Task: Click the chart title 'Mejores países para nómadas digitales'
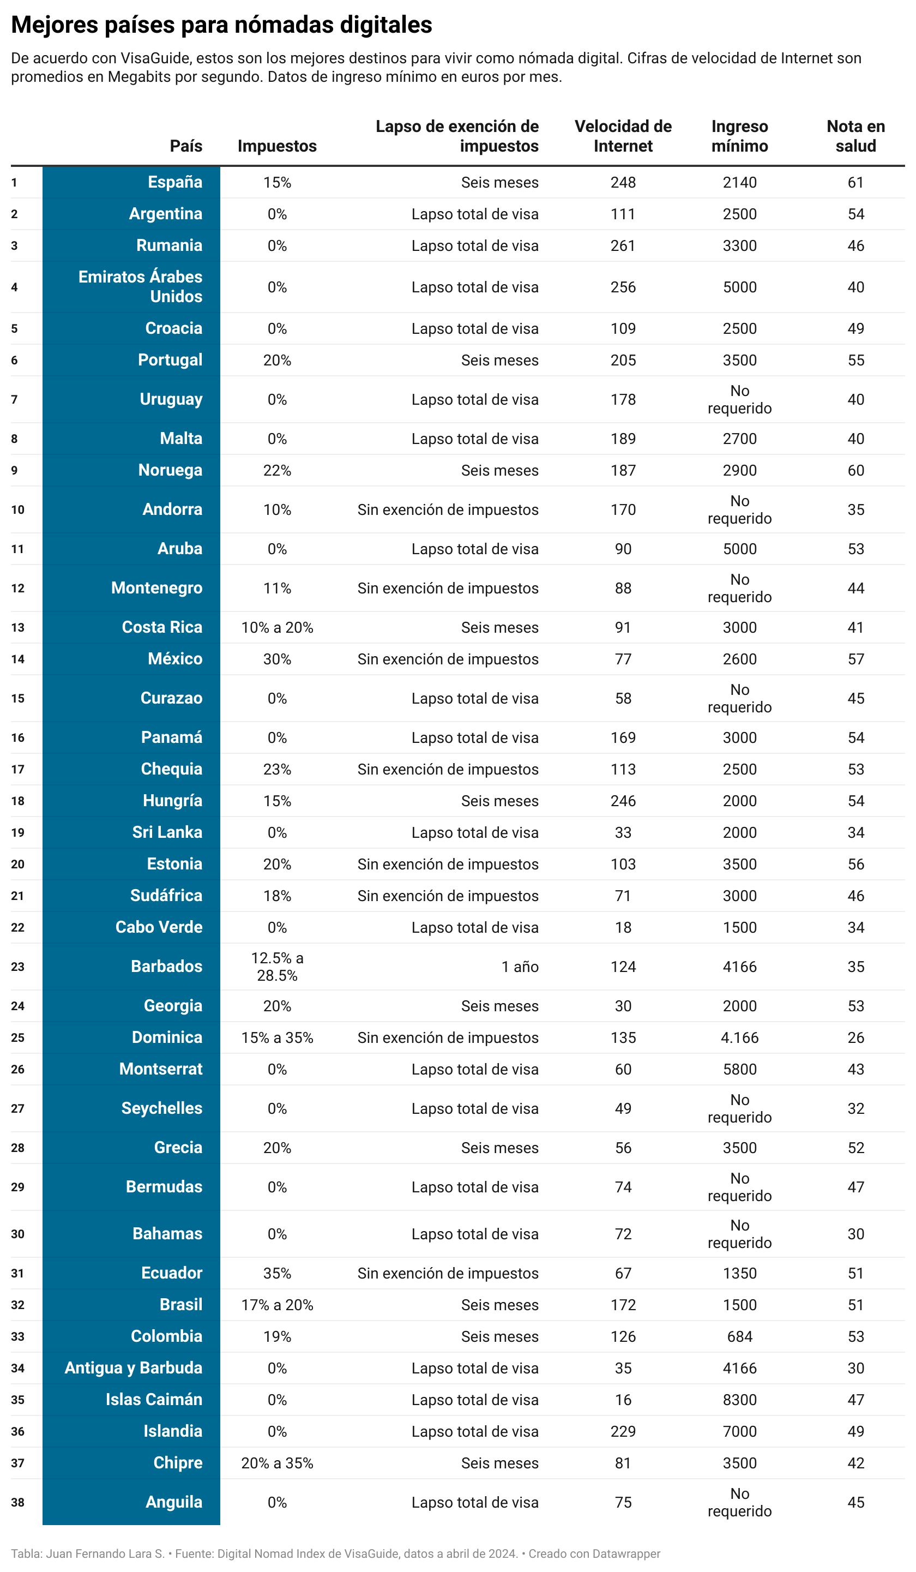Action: tap(221, 25)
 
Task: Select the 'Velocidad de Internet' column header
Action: tap(622, 136)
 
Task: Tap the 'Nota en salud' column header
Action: tap(855, 136)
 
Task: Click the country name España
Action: tap(174, 182)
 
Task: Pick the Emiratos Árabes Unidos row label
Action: tap(140, 286)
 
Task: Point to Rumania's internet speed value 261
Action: tap(622, 246)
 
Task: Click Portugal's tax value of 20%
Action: tap(277, 360)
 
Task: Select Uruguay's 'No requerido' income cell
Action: tap(739, 399)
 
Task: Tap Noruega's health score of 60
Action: tap(855, 470)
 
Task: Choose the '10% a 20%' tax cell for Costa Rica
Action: tap(277, 628)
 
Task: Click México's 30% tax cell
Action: tap(277, 659)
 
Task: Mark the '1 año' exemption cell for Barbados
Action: tap(520, 967)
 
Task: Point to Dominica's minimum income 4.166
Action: tap(739, 1037)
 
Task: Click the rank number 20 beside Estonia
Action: tap(17, 864)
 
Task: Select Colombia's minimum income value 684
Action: tap(739, 1336)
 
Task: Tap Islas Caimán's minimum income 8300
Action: tap(739, 1399)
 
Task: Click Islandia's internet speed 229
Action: tap(622, 1431)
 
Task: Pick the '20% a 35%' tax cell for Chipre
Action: tap(277, 1463)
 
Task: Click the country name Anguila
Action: tap(173, 1502)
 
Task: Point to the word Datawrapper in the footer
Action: tap(625, 1554)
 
